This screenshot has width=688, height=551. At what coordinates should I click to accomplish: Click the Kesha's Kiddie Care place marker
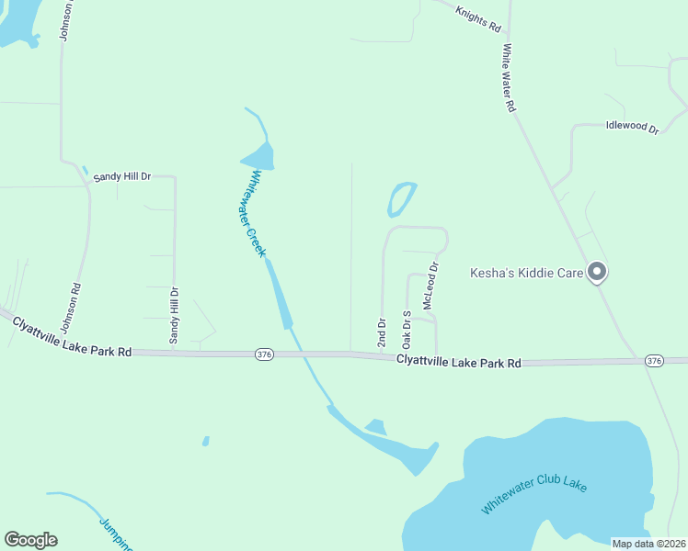tap(597, 271)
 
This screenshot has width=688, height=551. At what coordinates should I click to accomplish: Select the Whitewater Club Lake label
tap(533, 496)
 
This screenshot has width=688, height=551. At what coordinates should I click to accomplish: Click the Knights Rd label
tap(476, 13)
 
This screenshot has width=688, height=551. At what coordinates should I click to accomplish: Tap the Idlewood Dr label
tap(633, 127)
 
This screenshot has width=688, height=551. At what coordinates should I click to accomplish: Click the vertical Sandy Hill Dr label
tap(174, 316)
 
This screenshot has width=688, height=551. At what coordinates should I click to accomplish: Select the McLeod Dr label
tap(429, 286)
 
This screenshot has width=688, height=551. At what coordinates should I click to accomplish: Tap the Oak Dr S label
tap(407, 329)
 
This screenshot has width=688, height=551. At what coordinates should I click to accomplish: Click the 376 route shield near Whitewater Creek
tap(264, 354)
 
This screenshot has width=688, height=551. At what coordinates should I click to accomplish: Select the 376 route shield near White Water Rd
tap(654, 360)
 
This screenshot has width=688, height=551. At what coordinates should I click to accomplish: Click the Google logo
tap(30, 540)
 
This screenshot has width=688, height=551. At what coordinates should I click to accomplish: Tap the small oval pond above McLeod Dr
tap(401, 198)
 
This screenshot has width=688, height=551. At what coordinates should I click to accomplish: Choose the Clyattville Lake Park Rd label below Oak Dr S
tap(459, 362)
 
